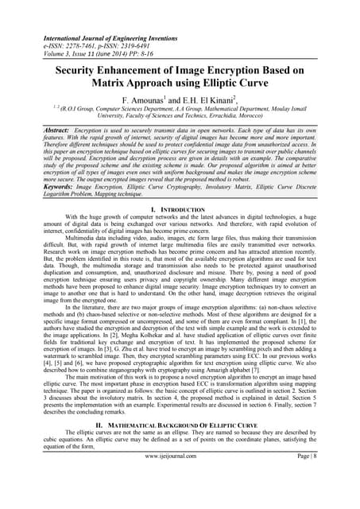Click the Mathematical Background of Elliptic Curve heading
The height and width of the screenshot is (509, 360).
pyautogui.click(x=181, y=425)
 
